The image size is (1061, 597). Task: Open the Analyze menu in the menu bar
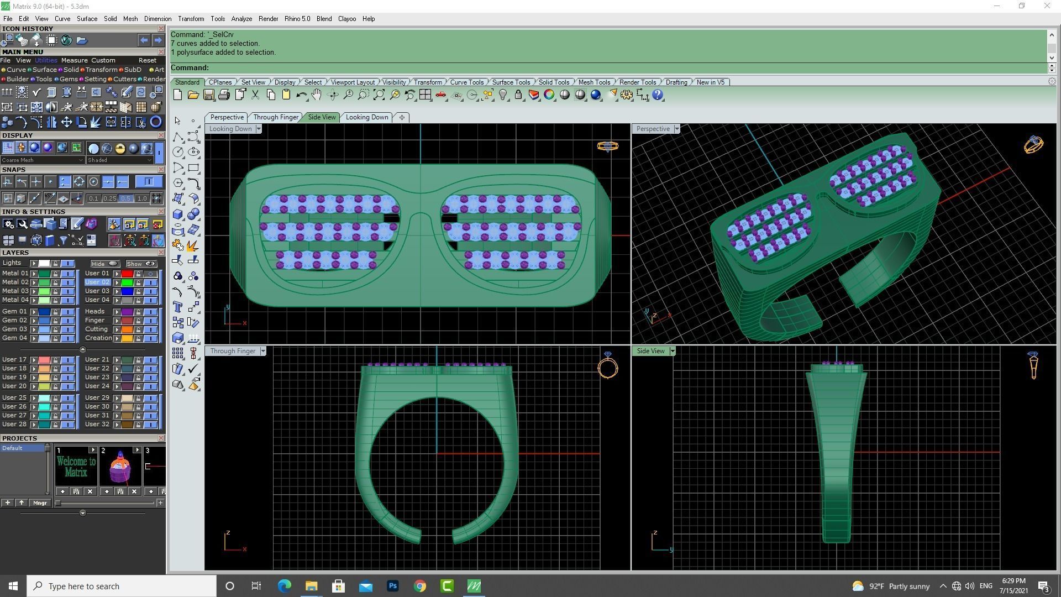click(241, 19)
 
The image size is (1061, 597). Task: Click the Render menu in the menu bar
click(268, 19)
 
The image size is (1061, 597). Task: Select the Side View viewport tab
click(322, 117)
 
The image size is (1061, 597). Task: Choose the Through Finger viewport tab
click(276, 117)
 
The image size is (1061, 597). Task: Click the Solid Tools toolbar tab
click(554, 82)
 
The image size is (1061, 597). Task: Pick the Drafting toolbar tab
click(676, 82)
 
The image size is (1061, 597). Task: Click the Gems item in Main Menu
click(69, 79)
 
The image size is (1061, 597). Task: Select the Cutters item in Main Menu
click(124, 79)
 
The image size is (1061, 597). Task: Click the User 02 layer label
click(97, 282)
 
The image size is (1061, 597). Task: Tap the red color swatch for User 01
click(127, 274)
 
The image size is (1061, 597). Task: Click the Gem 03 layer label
click(14, 329)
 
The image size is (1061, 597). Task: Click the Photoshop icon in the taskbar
click(393, 586)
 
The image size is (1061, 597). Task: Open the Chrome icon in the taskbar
click(420, 586)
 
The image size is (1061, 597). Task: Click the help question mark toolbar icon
click(658, 95)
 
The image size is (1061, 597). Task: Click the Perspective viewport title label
click(653, 129)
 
